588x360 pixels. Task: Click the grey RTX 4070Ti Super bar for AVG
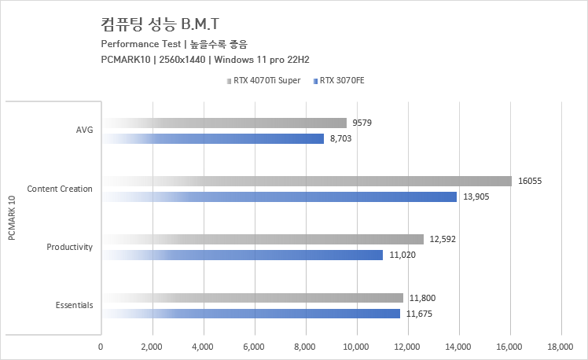[x=224, y=123]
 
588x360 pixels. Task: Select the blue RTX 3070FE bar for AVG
[x=212, y=138]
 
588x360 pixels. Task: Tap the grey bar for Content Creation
[x=307, y=181]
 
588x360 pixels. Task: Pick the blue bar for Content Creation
[x=279, y=197]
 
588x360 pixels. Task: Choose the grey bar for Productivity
[x=263, y=239]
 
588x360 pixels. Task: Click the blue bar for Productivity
[x=242, y=255]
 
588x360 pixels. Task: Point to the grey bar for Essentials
[x=252, y=298]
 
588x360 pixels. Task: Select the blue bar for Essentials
[x=251, y=314]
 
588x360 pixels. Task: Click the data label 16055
[x=530, y=181]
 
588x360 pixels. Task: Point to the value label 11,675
[x=420, y=314]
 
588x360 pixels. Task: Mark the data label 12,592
[x=443, y=239]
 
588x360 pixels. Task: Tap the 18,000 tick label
[x=560, y=346]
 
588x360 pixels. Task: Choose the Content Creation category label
[x=60, y=189]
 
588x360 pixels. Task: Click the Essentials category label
[x=74, y=306]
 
